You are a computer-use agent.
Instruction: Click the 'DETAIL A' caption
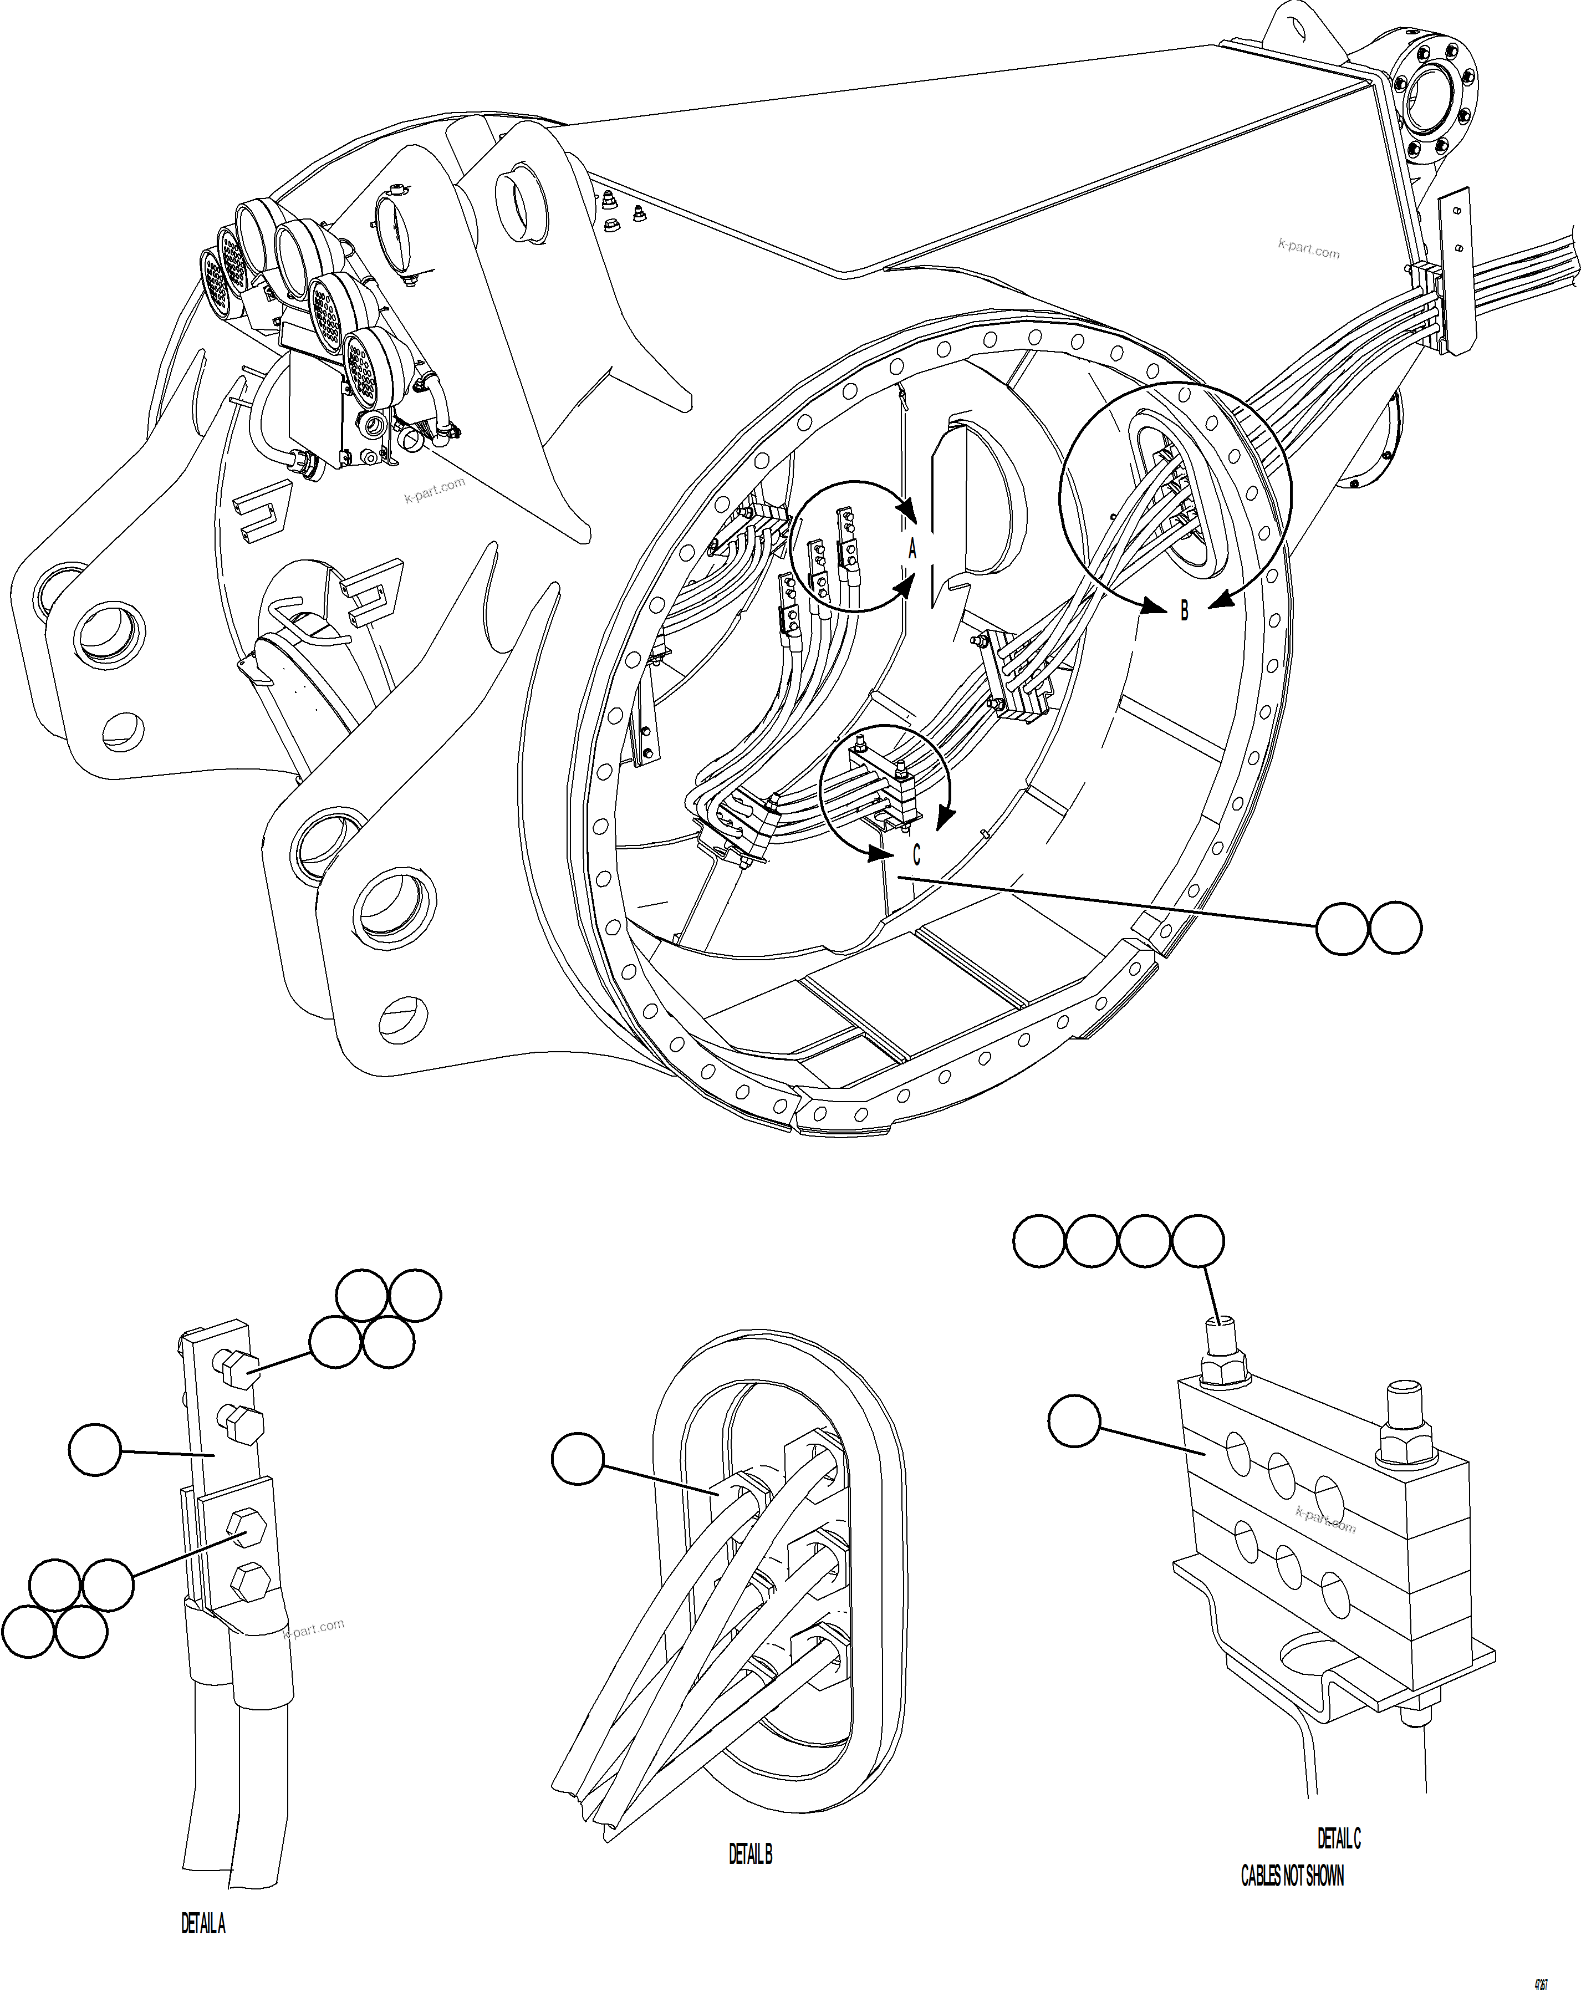tap(202, 1924)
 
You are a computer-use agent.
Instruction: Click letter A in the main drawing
tap(912, 549)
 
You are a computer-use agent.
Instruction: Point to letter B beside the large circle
tap(1184, 611)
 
